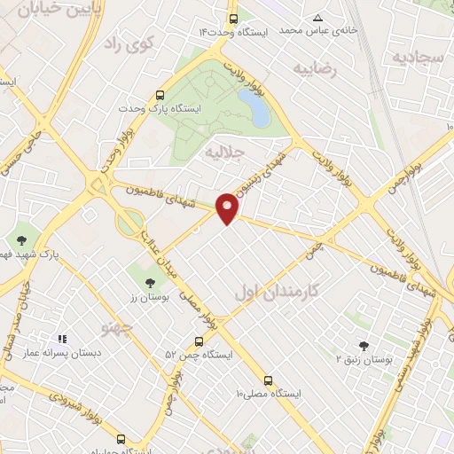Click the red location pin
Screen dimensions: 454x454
coord(228,207)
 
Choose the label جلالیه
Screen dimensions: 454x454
coord(223,152)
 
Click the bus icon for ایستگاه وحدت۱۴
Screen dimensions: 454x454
coord(233,18)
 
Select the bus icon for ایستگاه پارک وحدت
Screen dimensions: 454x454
coord(160,95)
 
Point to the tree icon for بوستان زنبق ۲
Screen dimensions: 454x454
coord(363,346)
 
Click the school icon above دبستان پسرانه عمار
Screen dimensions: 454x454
coord(62,339)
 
